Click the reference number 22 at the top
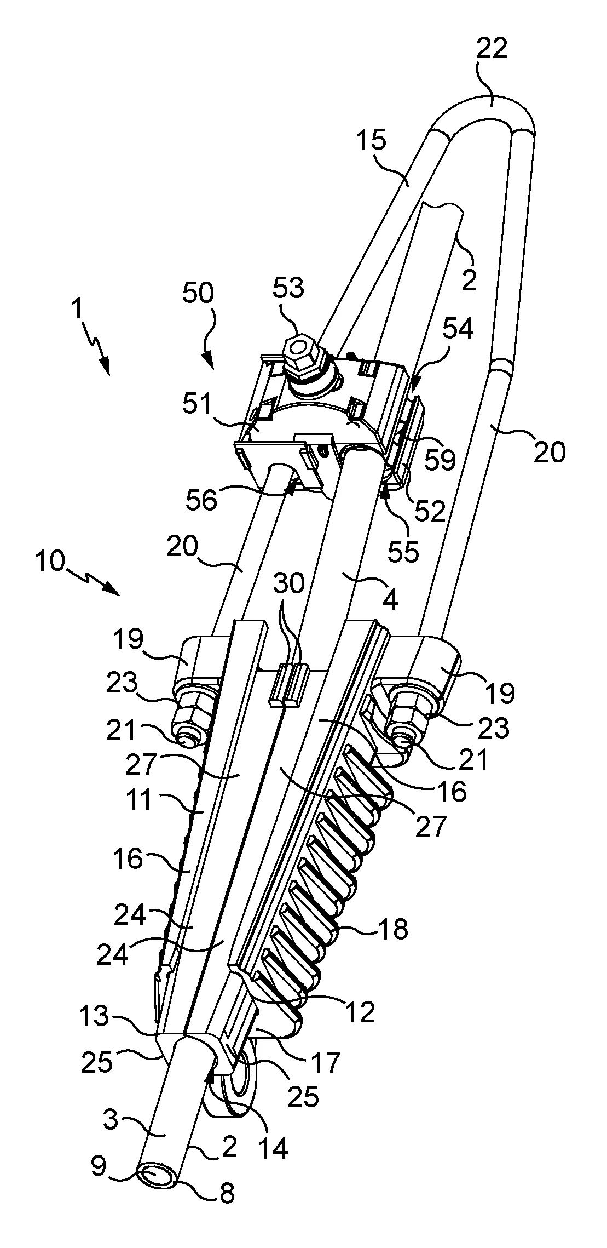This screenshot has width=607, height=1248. click(x=492, y=48)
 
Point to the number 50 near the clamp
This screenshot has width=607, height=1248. click(x=198, y=294)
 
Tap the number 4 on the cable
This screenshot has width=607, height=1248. click(x=389, y=600)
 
